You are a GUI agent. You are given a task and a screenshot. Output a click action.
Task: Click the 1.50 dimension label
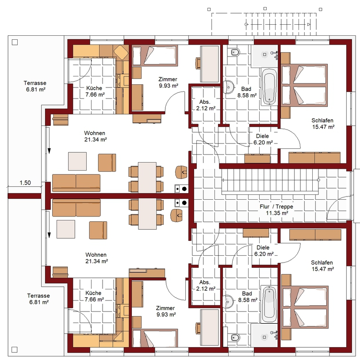[25, 183]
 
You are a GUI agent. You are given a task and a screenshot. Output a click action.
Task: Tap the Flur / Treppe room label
[276, 210]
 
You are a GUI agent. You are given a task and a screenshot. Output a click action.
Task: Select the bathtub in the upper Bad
[269, 87]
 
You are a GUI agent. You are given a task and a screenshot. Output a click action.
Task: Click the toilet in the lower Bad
[235, 337]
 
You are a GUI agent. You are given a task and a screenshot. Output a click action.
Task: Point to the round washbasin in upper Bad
[229, 87]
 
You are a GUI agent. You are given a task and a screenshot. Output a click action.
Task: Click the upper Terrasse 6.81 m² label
[35, 86]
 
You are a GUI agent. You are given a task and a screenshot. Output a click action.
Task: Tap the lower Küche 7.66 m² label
[94, 296]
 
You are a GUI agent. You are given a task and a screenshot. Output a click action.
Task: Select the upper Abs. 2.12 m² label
[206, 105]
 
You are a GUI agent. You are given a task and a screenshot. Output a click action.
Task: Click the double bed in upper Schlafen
[304, 85]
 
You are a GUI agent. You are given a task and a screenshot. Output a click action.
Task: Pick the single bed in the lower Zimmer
[154, 338]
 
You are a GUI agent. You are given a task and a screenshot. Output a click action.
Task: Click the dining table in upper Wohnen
[147, 177]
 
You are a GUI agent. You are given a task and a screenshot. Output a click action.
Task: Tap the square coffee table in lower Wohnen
[66, 229]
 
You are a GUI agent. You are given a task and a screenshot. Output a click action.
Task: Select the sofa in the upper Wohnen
[76, 183]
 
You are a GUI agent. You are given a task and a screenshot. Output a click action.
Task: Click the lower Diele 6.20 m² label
[264, 251]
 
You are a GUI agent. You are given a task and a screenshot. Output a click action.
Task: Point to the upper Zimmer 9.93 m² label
[168, 83]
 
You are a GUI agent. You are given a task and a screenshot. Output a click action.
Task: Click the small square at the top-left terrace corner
[15, 42]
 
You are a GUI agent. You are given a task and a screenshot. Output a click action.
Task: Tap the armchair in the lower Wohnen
[98, 230]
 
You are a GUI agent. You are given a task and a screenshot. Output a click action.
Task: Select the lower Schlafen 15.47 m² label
[322, 266]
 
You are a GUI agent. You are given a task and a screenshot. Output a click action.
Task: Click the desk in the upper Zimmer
[210, 64]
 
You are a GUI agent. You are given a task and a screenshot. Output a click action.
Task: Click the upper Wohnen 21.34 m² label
[95, 136]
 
